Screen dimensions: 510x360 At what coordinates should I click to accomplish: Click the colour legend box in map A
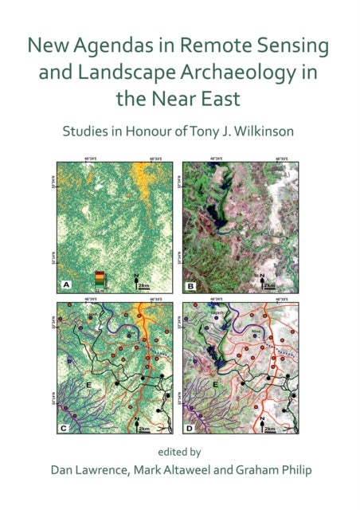point(100,277)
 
